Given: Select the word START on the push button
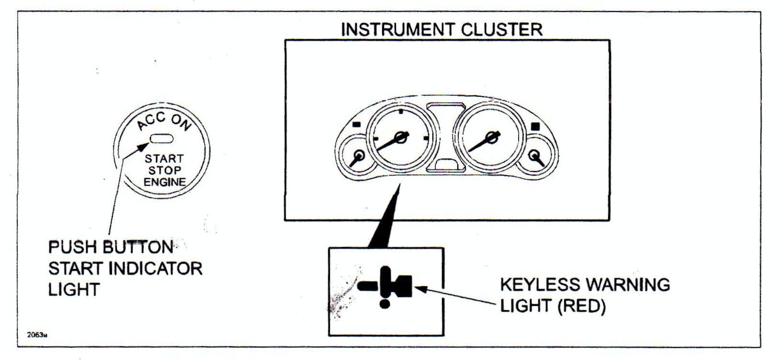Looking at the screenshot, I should click(164, 158).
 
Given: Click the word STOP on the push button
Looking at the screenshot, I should click(164, 170).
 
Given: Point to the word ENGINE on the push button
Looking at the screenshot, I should click(164, 182).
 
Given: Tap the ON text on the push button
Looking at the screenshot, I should click(181, 123).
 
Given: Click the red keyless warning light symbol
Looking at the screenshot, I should click(385, 287).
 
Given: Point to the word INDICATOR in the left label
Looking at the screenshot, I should click(156, 269).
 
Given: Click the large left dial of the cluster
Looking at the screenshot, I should click(400, 139).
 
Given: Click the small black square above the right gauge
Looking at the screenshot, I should click(536, 126).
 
